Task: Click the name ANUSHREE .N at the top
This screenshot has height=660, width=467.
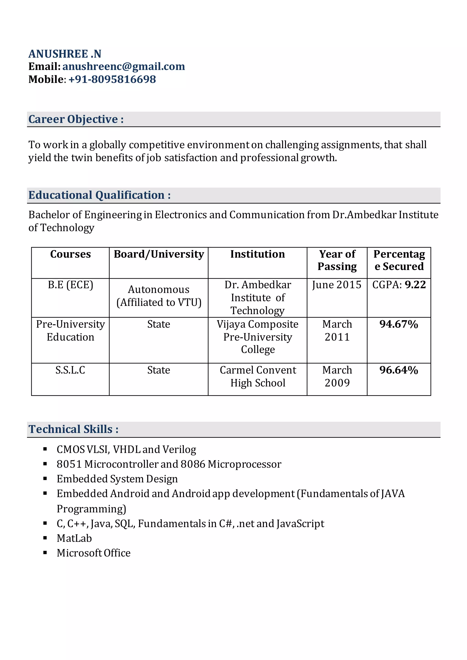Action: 65,54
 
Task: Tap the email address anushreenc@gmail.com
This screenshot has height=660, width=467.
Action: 124,66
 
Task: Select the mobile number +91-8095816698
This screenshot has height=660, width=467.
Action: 112,79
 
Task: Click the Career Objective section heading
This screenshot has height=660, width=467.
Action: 76,119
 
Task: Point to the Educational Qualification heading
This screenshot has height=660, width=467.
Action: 99,195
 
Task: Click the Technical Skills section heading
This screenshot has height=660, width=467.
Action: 73,429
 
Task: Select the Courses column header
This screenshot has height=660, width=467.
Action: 70,254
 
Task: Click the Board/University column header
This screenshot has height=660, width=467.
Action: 159,254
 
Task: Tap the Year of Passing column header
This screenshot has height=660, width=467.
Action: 337,260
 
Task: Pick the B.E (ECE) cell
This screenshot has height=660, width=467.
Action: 70,285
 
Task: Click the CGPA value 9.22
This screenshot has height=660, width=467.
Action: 415,285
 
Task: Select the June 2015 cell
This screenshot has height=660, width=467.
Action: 337,285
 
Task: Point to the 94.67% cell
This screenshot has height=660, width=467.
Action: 399,324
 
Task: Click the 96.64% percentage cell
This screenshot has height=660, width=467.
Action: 399,370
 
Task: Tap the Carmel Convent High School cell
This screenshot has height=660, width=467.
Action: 258,376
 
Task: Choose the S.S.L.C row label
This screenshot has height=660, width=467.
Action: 70,370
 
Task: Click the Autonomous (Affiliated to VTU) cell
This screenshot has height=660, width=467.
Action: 159,296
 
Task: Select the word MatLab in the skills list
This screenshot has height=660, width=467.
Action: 74,538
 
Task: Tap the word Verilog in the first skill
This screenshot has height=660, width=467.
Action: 179,449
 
